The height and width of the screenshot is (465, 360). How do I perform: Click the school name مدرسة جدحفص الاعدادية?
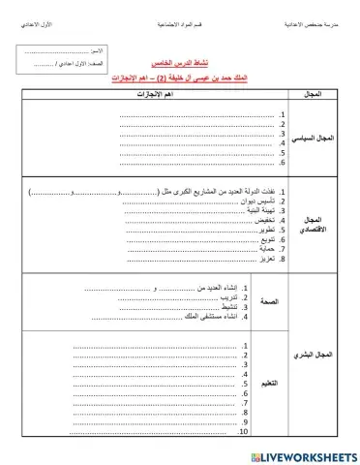pyautogui.click(x=311, y=20)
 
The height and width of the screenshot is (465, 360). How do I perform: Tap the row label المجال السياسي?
pyautogui.click(x=315, y=139)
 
